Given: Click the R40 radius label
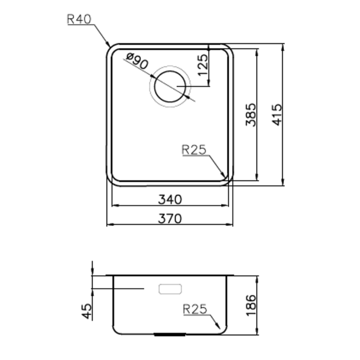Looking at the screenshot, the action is pyautogui.click(x=79, y=19).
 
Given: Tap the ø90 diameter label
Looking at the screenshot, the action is pyautogui.click(x=137, y=61).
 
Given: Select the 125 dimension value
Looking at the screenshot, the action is pyautogui.click(x=203, y=65).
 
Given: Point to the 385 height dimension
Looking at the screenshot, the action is pyautogui.click(x=251, y=115).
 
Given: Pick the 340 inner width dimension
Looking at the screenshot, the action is pyautogui.click(x=170, y=200).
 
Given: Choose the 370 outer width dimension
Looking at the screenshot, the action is pyautogui.click(x=170, y=219).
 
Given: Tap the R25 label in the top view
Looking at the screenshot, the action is pyautogui.click(x=194, y=150).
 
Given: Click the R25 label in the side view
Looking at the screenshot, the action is pyautogui.click(x=195, y=309).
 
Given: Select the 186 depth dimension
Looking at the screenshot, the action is pyautogui.click(x=251, y=306).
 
